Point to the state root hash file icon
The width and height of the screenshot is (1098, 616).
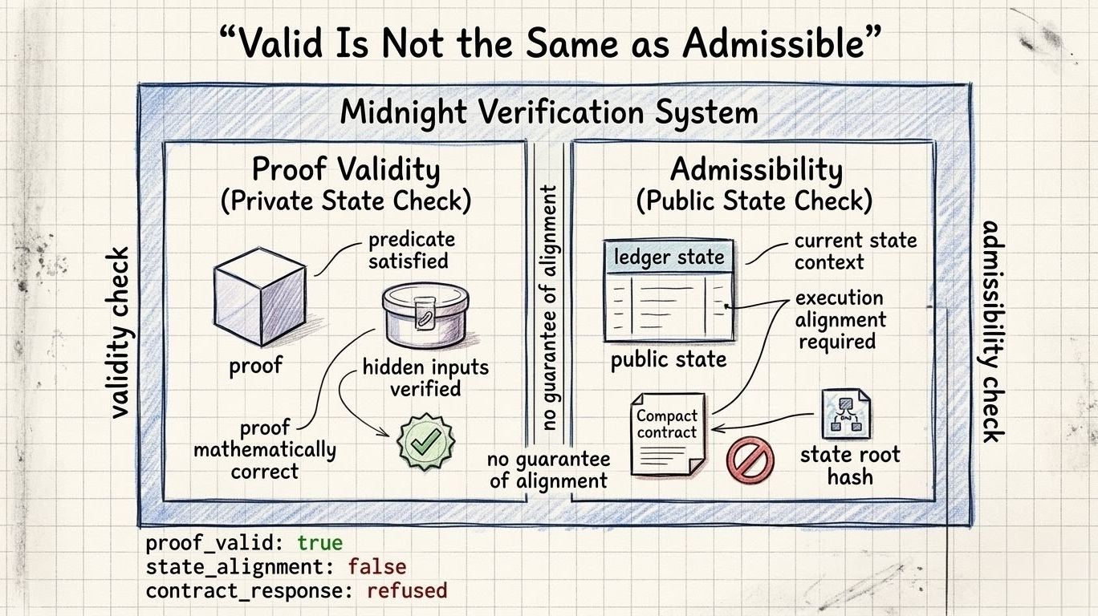[846, 413]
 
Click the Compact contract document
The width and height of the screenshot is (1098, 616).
[667, 433]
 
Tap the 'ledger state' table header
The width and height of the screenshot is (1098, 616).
[669, 257]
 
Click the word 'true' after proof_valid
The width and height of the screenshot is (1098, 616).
[319, 543]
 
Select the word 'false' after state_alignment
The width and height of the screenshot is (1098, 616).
[376, 567]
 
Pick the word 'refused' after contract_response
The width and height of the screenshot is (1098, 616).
[406, 591]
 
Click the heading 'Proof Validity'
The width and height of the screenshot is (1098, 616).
[346, 170]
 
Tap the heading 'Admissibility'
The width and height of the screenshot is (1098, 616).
[756, 170]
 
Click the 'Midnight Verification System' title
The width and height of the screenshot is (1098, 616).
[548, 111]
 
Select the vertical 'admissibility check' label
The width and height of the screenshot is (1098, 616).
[992, 330]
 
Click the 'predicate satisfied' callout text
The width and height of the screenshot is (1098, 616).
[411, 249]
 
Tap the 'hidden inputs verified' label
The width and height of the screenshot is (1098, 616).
[425, 378]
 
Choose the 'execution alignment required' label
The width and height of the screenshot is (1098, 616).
[840, 319]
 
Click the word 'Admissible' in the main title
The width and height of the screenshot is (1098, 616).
[774, 45]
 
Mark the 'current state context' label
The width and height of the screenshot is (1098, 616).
[855, 251]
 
